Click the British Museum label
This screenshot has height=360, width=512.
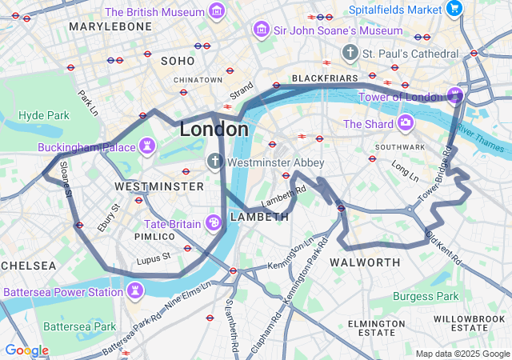tap(154, 12)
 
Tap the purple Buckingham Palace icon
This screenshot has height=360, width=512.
tap(146, 146)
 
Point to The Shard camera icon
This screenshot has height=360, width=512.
tap(406, 123)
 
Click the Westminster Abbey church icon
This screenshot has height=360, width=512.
tap(214, 162)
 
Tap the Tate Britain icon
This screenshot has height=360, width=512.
tap(214, 222)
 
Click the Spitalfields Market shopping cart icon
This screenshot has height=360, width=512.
tap(455, 10)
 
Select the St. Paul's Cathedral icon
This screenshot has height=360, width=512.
tap(350, 53)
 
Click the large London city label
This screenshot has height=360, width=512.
tap(214, 129)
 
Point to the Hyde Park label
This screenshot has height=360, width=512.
tap(44, 115)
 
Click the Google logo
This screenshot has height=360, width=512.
tap(26, 350)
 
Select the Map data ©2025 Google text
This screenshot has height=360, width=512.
tap(462, 354)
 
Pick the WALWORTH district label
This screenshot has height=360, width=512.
tap(365, 262)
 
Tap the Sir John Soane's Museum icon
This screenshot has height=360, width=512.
tap(260, 30)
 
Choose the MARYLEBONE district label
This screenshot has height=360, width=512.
tap(110, 26)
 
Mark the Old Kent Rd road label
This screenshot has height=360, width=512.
tap(444, 249)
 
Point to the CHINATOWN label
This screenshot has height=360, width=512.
tap(198, 80)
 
